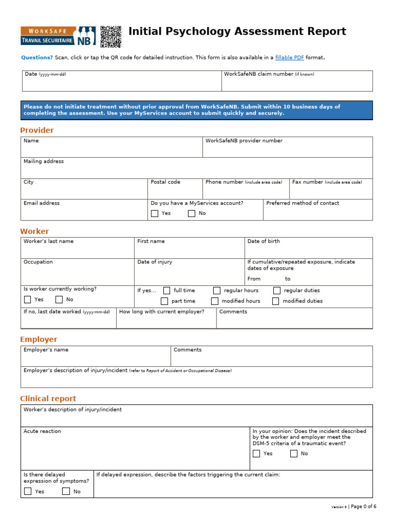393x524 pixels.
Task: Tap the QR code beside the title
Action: click(111, 36)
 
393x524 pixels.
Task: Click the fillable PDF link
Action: click(290, 57)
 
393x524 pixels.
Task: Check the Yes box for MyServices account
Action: click(155, 213)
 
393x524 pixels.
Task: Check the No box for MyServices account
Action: click(191, 213)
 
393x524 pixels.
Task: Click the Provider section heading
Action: click(37, 130)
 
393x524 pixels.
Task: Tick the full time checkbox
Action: click(166, 291)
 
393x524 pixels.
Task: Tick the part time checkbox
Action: click(164, 301)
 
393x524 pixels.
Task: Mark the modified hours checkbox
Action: click(215, 301)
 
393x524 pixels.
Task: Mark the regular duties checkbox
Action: click(277, 291)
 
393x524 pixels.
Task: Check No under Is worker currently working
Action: click(59, 300)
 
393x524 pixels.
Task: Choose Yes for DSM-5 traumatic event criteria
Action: click(256, 454)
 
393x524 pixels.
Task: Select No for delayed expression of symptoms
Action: click(66, 492)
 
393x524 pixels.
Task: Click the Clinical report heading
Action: click(48, 399)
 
